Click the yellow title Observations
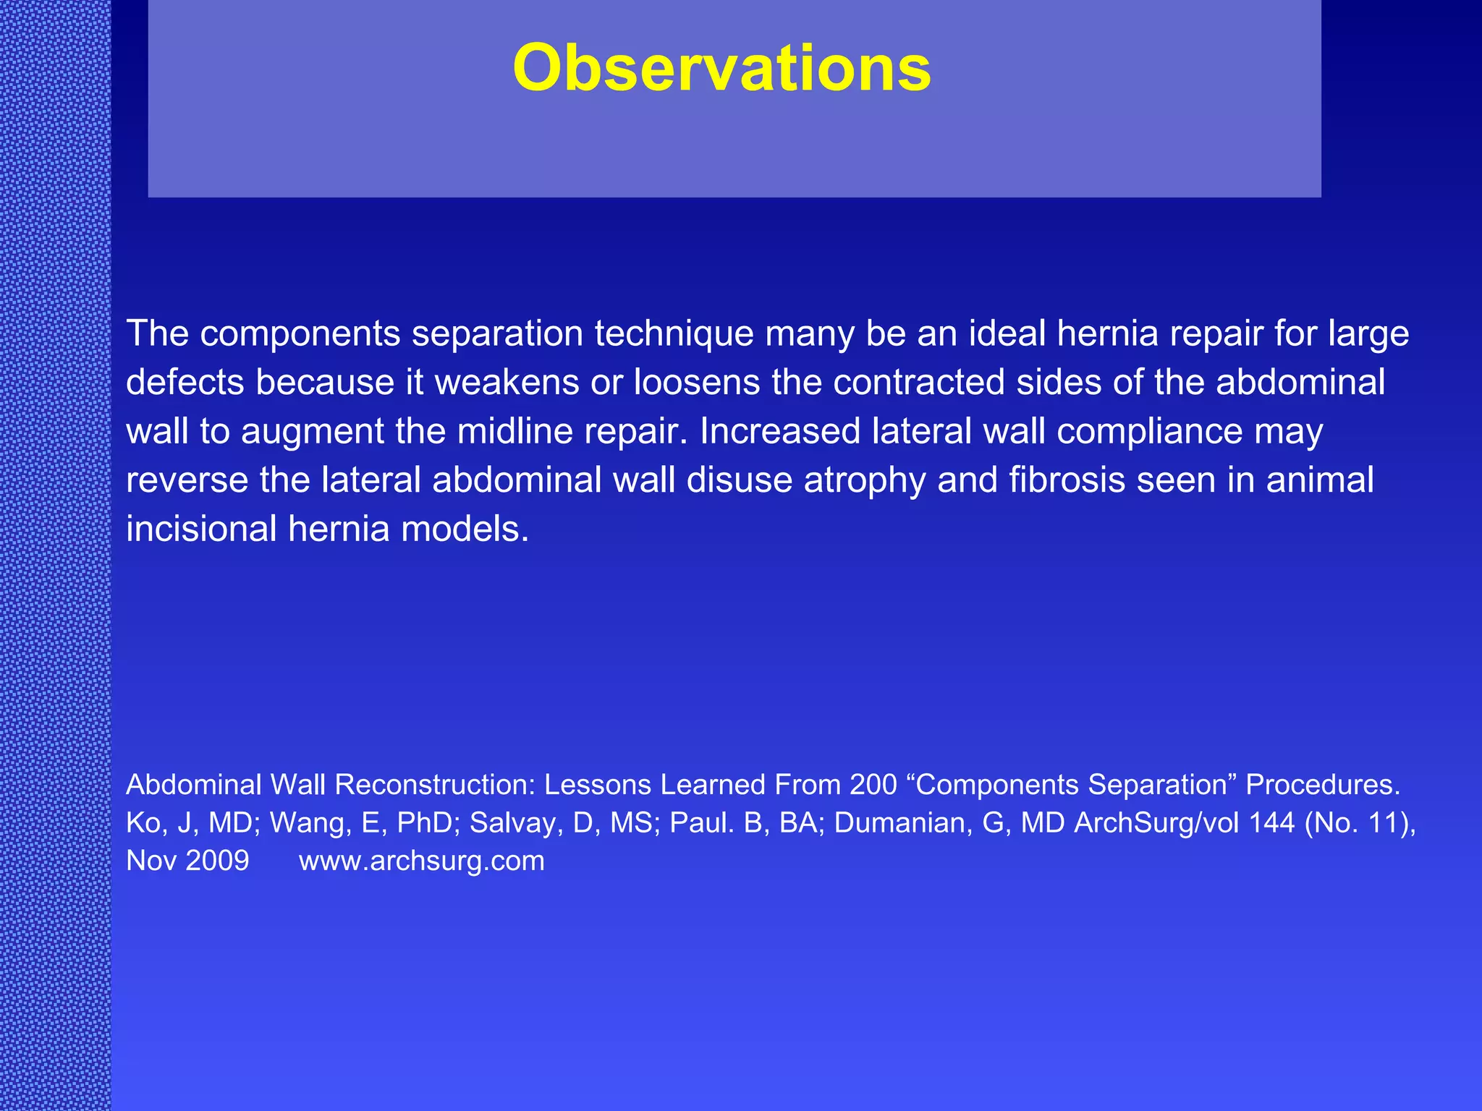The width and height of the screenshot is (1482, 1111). [x=721, y=68]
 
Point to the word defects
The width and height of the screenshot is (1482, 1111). [x=185, y=383]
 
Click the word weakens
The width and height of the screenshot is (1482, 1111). [x=507, y=383]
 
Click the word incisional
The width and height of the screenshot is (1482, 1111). [x=201, y=529]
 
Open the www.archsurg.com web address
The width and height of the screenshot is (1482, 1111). [x=421, y=861]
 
